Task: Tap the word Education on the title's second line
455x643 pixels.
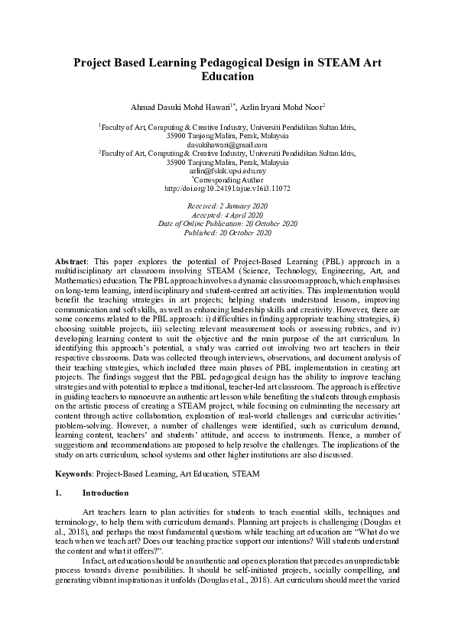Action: click(227, 77)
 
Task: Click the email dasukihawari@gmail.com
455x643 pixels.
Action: click(227, 144)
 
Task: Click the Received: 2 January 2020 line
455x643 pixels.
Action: click(227, 206)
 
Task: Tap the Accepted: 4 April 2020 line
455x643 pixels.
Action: click(227, 215)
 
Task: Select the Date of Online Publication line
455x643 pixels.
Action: click(227, 224)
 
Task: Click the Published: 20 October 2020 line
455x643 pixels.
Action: click(227, 233)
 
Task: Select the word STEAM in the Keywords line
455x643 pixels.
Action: click(248, 473)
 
